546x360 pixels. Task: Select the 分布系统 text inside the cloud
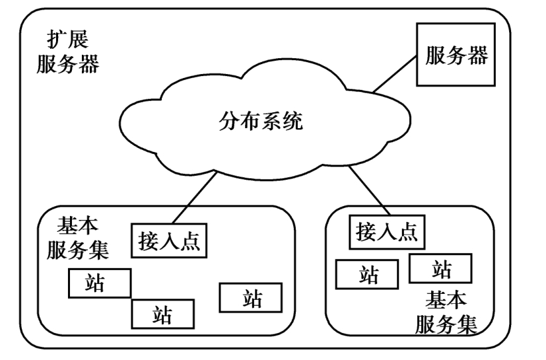coord(261,122)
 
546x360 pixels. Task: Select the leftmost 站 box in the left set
coord(99,283)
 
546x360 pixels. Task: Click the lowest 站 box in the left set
coord(163,313)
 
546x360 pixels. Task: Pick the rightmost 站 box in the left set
coord(252,298)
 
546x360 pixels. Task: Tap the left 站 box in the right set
coord(367,273)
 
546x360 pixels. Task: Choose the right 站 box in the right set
coord(440,268)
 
